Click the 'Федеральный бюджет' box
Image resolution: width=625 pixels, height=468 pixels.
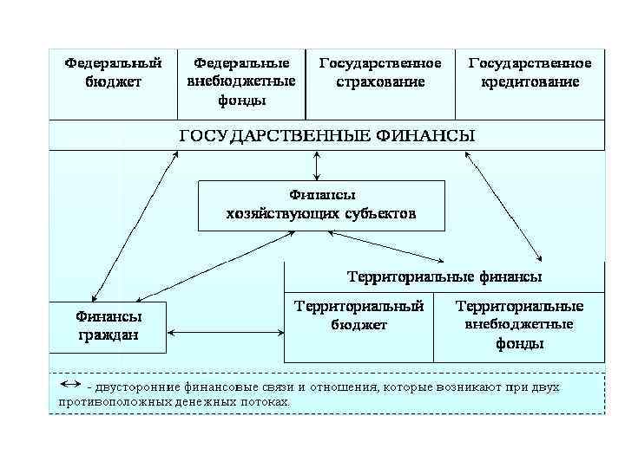[x=113, y=74]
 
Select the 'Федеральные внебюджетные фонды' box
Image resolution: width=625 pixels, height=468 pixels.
[x=241, y=81]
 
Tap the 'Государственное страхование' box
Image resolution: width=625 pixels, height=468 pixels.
[x=380, y=74]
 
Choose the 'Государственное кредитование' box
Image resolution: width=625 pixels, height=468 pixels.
[x=530, y=74]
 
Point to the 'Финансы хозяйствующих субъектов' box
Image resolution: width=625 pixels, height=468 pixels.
[x=321, y=205]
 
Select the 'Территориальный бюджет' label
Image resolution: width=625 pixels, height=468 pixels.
[x=359, y=315]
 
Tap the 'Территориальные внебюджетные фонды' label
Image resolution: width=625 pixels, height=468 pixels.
[x=519, y=325]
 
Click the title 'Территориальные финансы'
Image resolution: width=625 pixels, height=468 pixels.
[x=444, y=277]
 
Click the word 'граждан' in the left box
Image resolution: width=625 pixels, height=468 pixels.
[x=109, y=335]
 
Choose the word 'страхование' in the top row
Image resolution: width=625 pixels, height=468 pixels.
[x=380, y=82]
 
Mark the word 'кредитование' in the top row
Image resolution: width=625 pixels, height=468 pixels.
[x=530, y=82]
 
